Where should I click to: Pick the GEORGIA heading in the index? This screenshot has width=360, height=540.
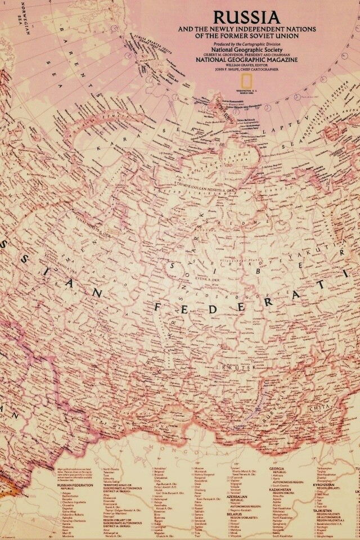click(276, 468)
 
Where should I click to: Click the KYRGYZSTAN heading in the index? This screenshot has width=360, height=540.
click(334, 485)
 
